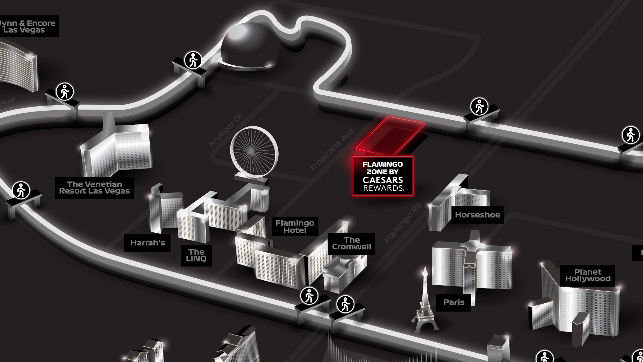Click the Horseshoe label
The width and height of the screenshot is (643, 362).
[477, 215]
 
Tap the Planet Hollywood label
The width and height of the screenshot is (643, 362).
[588, 276]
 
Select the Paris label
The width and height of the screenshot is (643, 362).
[454, 302]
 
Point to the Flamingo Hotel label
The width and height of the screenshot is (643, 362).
[295, 227]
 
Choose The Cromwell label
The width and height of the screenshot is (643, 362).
[351, 243]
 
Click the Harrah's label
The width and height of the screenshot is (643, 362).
[147, 243]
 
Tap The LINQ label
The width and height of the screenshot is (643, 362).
[196, 255]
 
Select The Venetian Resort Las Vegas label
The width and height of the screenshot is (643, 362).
[94, 188]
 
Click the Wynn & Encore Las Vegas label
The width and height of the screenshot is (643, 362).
[28, 26]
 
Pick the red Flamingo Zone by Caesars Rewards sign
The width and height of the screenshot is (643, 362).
[383, 176]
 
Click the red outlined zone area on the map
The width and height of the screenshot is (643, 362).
[390, 134]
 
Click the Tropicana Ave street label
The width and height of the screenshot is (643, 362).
[331, 150]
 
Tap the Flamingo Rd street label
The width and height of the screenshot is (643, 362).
[403, 223]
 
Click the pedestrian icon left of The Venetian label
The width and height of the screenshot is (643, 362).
[21, 191]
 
